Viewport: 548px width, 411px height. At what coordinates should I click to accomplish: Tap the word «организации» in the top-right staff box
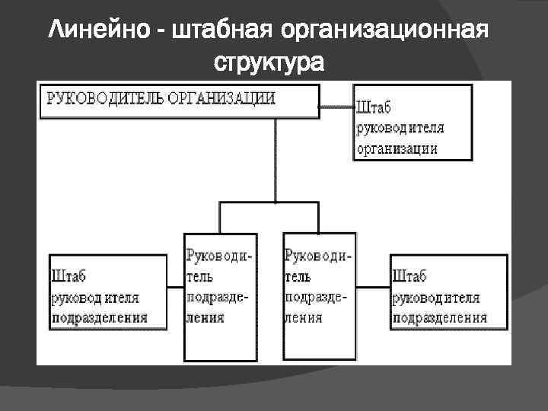pos(396,148)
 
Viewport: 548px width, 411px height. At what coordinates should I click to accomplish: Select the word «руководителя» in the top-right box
pos(400,127)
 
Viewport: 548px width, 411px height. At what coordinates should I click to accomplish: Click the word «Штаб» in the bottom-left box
pos(68,276)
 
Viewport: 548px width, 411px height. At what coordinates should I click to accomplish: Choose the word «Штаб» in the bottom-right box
pos(409,276)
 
